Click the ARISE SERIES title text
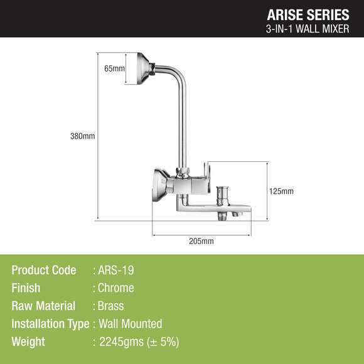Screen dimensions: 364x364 click(x=309, y=14)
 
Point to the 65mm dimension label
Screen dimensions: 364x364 click(x=115, y=68)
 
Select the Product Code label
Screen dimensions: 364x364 click(x=44, y=270)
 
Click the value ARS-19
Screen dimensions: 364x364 click(x=116, y=270)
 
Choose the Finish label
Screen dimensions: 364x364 click(x=26, y=288)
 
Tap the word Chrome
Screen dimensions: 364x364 click(x=116, y=288)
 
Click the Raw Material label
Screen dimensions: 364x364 click(x=43, y=306)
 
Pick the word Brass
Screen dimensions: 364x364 click(x=111, y=306)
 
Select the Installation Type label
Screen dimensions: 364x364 click(x=50, y=324)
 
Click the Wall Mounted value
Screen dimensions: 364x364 click(x=130, y=324)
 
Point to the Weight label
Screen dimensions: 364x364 click(x=28, y=342)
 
